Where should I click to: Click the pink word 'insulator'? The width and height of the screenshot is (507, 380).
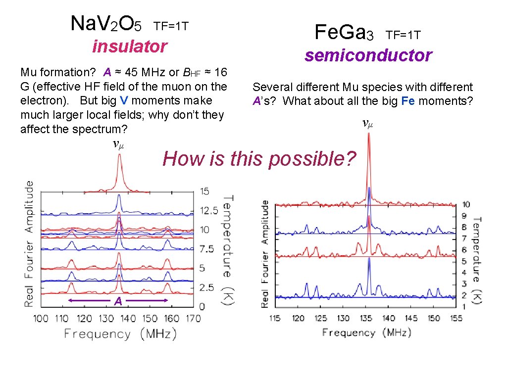coord(130,46)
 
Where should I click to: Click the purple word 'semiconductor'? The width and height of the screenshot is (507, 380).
coord(368,55)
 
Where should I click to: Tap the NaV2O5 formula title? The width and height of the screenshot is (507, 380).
coord(106,24)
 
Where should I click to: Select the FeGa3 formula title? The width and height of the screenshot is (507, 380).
coord(344,32)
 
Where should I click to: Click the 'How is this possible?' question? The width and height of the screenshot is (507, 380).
coord(259,159)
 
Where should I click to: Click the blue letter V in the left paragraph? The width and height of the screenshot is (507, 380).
coord(124,100)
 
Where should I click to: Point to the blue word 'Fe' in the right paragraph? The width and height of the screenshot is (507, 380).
coord(408,101)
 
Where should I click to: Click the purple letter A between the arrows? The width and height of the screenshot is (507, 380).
coord(118,301)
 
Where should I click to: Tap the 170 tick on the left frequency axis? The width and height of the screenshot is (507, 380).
coord(194,319)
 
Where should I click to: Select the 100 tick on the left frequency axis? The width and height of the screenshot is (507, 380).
coord(41,319)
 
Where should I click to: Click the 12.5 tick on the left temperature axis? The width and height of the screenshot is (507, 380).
coord(209,211)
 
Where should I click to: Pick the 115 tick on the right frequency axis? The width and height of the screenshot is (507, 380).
coord(275,318)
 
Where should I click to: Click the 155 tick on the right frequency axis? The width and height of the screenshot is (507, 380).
coord(456,318)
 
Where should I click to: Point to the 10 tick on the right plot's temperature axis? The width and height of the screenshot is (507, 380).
coord(466,204)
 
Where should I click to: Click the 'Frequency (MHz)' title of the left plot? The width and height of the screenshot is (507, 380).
coord(120,334)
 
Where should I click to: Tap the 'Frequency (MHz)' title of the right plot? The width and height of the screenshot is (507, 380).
coord(367,332)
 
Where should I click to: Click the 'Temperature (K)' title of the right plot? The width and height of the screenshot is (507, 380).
coord(477,260)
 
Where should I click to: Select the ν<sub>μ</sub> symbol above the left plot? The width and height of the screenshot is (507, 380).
coord(118,144)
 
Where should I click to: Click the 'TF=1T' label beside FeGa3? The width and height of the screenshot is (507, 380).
coord(403,35)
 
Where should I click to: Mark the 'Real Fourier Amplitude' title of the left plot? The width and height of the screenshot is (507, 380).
coord(29,243)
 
